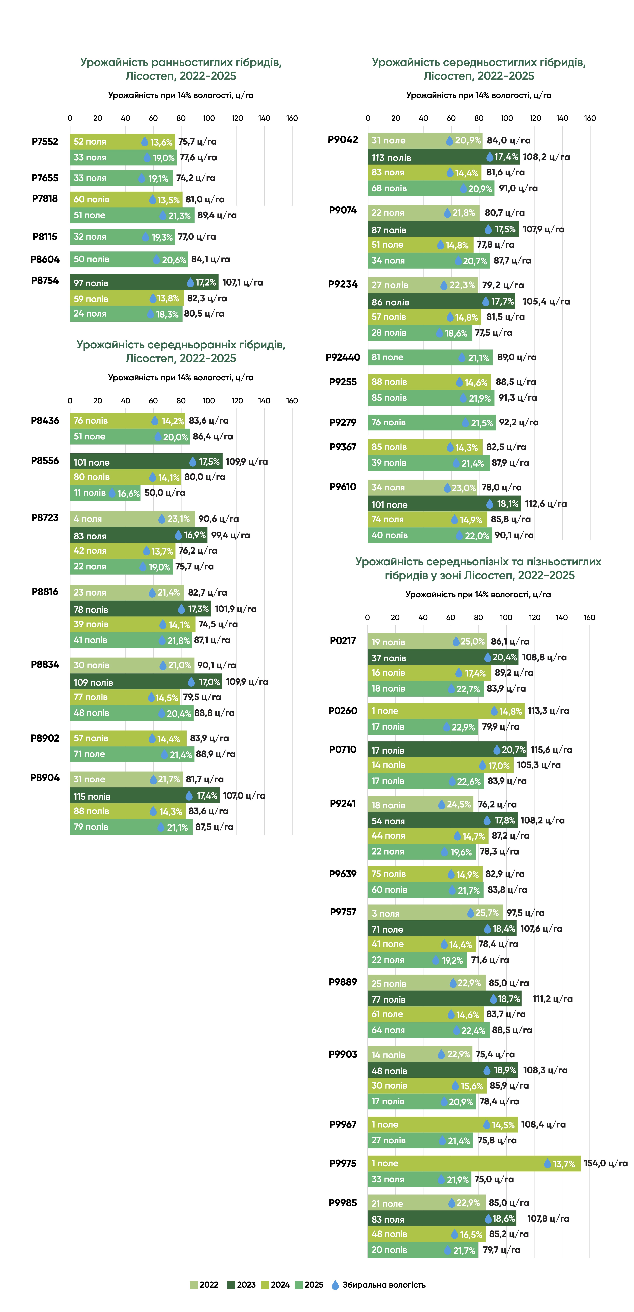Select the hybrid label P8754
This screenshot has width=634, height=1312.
tap(45, 281)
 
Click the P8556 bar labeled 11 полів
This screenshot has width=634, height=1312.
tap(105, 493)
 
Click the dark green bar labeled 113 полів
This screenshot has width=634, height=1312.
tap(443, 157)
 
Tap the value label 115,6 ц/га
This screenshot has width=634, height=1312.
tap(551, 750)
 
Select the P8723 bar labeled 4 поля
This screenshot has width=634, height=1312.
tap(132, 519)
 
